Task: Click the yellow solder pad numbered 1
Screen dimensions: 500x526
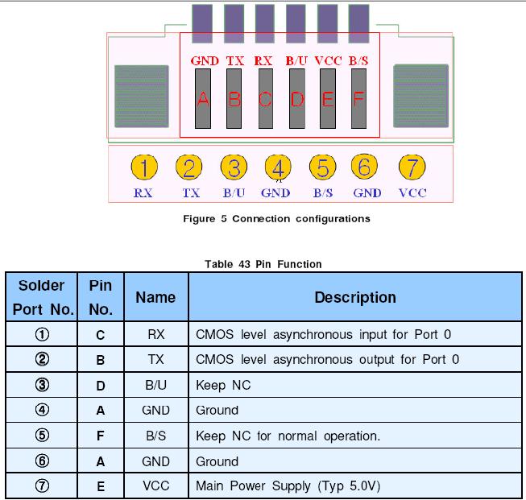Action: tap(143, 168)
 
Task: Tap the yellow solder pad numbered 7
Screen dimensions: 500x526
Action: tap(412, 168)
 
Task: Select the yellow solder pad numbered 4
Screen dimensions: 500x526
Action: tap(278, 168)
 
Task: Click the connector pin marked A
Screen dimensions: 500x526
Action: tap(203, 99)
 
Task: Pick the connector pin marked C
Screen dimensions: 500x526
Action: tap(264, 99)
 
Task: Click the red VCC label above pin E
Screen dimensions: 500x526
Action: tap(328, 60)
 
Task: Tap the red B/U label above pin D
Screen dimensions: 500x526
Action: tap(296, 60)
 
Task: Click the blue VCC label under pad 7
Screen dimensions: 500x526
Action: tap(412, 193)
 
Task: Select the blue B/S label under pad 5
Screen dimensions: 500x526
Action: tap(322, 193)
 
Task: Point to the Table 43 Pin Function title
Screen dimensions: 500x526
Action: tap(263, 264)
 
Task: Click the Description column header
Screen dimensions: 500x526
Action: tap(355, 297)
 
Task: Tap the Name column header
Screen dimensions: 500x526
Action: tap(155, 297)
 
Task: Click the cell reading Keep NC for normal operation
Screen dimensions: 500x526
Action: tap(288, 436)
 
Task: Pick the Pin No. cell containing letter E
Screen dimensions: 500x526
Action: tap(100, 486)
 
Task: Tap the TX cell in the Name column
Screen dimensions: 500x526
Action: tap(155, 359)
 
